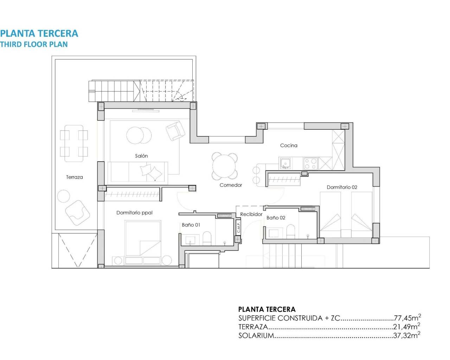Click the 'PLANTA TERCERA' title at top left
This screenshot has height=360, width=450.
click(x=39, y=33)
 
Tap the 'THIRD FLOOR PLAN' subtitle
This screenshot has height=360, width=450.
click(x=34, y=44)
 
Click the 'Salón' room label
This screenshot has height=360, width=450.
click(x=141, y=156)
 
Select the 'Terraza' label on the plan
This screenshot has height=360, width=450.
click(x=74, y=177)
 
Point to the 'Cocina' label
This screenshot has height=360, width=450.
click(x=289, y=145)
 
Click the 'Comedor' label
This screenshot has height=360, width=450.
click(x=231, y=185)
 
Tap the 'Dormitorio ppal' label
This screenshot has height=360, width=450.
click(x=134, y=213)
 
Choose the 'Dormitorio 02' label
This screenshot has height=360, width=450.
click(x=342, y=187)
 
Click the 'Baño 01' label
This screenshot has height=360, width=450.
click(x=191, y=225)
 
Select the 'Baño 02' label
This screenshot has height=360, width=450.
click(x=276, y=218)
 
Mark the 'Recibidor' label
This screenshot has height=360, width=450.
click(x=251, y=214)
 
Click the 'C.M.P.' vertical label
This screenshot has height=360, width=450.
click(x=238, y=227)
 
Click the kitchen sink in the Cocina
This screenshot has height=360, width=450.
click(x=285, y=163)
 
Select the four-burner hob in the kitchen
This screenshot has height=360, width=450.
click(x=310, y=163)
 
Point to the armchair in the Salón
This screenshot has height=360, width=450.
click(x=175, y=130)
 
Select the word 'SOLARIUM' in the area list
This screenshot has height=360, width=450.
click(x=256, y=335)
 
